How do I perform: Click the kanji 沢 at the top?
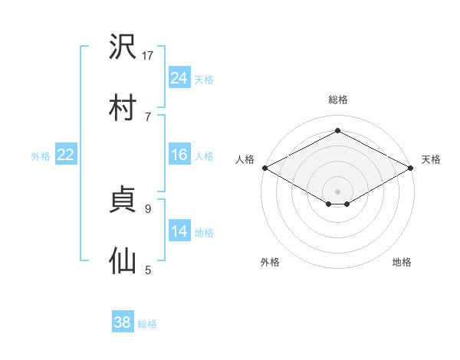click(123, 46)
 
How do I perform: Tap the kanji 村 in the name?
click(123, 107)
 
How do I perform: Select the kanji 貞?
click(123, 199)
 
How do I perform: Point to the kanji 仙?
click(123, 260)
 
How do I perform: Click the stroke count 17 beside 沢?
click(147, 55)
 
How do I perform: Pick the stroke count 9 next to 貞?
click(148, 209)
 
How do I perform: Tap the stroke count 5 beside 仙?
click(148, 270)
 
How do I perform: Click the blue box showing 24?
click(179, 77)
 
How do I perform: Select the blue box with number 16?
click(179, 154)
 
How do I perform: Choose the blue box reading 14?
click(179, 230)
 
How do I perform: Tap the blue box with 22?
click(66, 154)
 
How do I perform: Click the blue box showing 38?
click(123, 321)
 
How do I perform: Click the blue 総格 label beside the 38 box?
click(147, 324)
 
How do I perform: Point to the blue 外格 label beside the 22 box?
click(41, 156)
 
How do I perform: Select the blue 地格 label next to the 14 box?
click(204, 233)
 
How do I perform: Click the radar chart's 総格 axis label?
click(338, 100)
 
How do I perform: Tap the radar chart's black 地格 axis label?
click(402, 262)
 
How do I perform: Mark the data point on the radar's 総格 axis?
click(337, 130)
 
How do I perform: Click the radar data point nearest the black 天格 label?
click(410, 168)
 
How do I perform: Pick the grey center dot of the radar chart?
click(337, 191)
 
